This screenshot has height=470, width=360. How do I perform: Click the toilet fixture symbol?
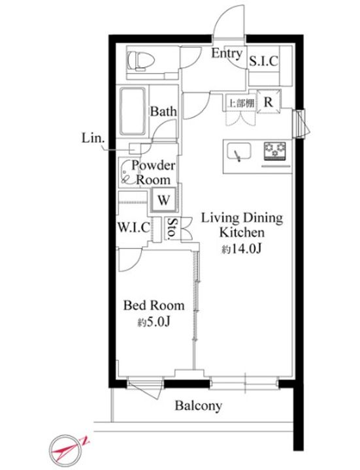click(141, 61)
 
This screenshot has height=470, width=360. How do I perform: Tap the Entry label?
click(227, 54)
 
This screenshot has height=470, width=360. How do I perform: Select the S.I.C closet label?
click(264, 61)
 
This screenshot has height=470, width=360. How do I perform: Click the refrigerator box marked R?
click(269, 102)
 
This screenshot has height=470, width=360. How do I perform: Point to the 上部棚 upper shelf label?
click(241, 103)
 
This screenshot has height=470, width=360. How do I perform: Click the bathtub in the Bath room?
click(133, 111)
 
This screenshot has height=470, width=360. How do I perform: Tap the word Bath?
click(163, 111)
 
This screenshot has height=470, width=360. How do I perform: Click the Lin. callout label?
click(93, 138)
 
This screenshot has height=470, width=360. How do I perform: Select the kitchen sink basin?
click(238, 152)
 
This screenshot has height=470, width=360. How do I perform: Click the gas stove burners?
click(275, 150)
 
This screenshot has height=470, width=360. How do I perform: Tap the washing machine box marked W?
click(163, 200)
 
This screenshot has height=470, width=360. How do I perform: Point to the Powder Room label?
click(154, 173)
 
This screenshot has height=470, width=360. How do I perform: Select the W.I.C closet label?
click(134, 228)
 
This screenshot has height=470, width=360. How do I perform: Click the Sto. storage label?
click(172, 229)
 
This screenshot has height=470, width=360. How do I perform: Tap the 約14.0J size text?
click(242, 249)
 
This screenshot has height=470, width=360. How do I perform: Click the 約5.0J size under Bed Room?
click(154, 322)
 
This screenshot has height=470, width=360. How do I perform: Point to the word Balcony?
click(199, 406)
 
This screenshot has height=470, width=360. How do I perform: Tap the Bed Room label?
click(154, 305)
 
